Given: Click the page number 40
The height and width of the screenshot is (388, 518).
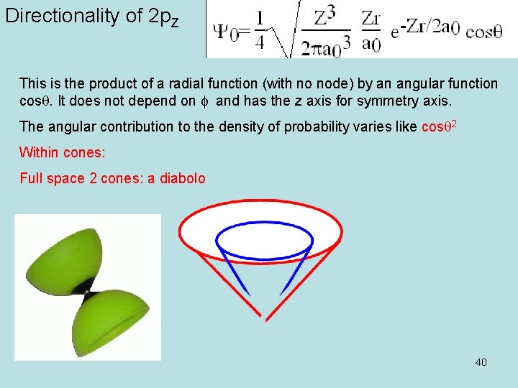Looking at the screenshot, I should [481, 361].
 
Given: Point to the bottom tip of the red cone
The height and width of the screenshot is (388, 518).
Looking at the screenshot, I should [266, 318].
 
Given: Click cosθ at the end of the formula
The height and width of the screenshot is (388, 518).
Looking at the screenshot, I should [483, 32].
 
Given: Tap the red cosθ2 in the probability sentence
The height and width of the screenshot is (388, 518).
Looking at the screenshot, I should [438, 126].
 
